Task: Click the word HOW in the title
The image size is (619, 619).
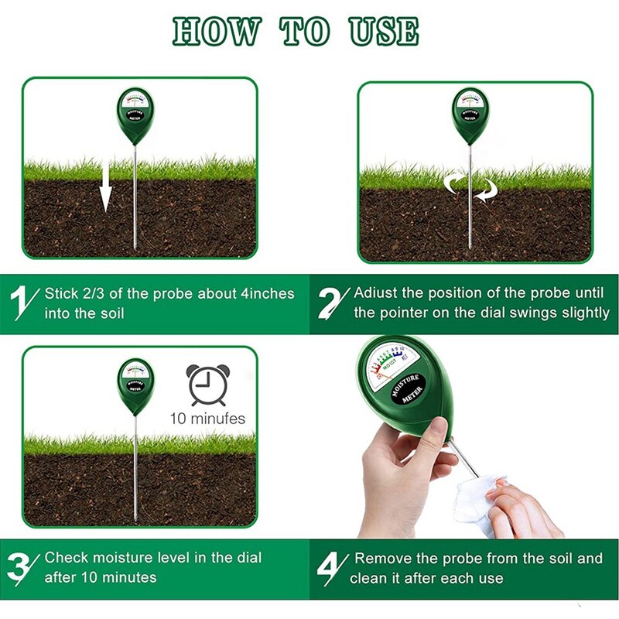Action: (216, 32)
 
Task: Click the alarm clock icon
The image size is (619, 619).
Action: (207, 385)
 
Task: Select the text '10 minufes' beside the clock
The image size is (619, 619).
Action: (207, 419)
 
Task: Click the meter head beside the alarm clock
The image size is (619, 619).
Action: (136, 385)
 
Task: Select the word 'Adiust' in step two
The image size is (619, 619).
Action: (377, 293)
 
